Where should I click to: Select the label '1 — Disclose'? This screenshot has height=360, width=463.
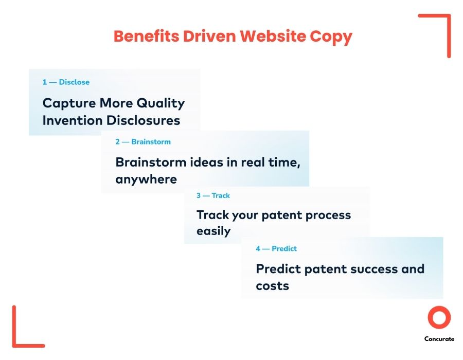(x=66, y=82)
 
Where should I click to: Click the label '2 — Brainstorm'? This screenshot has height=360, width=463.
(x=143, y=141)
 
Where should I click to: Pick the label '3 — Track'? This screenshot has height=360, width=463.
(x=213, y=195)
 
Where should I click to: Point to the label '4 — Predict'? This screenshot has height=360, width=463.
(x=276, y=248)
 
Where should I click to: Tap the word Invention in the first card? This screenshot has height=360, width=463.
(x=73, y=120)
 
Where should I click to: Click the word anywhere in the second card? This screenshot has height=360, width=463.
(x=146, y=179)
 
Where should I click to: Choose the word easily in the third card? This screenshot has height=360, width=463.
(x=213, y=231)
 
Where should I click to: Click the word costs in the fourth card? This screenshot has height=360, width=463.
(x=273, y=286)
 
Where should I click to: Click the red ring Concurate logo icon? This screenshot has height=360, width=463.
(x=439, y=318)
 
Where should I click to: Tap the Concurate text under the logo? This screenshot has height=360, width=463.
(x=439, y=339)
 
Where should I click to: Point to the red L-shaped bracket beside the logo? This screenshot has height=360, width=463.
(x=23, y=332)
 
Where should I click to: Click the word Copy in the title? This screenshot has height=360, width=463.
(x=331, y=37)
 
